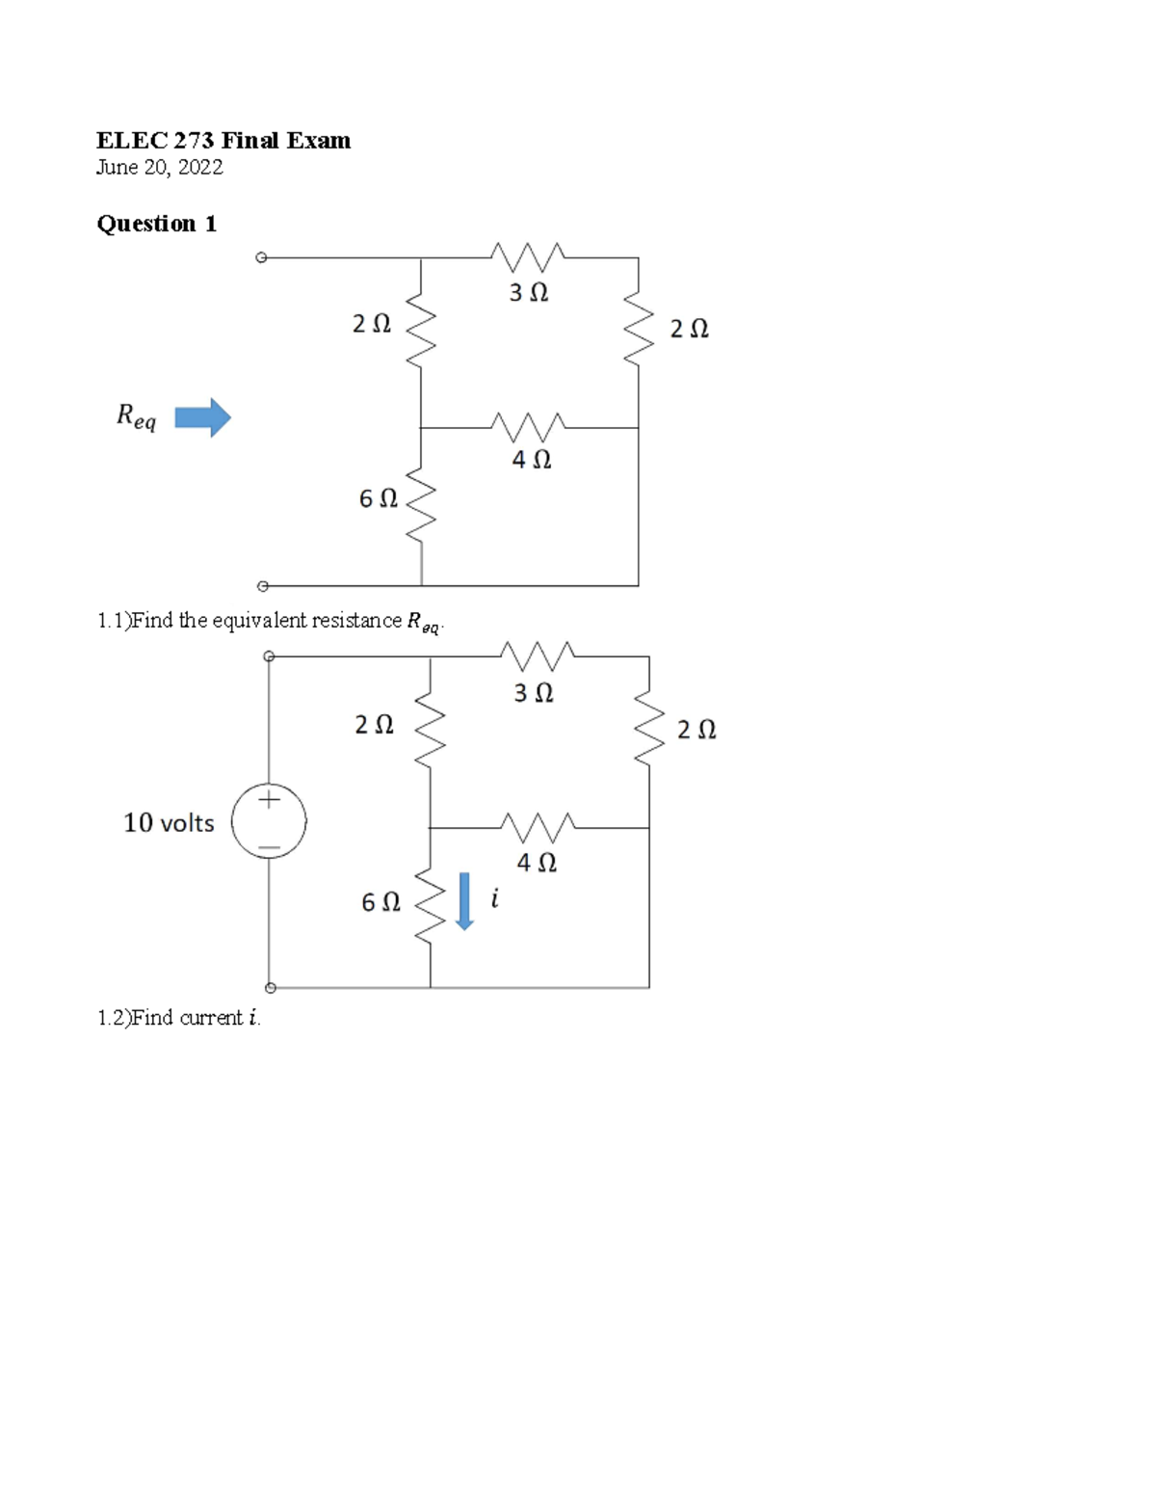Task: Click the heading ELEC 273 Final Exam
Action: pyautogui.click(x=223, y=141)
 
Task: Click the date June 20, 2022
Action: pyautogui.click(x=159, y=168)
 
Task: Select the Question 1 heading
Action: pyautogui.click(x=156, y=224)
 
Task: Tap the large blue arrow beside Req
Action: pyautogui.click(x=203, y=417)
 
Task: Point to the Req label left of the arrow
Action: pyautogui.click(x=136, y=416)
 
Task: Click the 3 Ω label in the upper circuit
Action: pyautogui.click(x=529, y=292)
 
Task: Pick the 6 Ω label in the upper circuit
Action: pyautogui.click(x=378, y=499)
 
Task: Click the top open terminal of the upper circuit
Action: pyautogui.click(x=260, y=257)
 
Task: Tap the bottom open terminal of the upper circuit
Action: pyautogui.click(x=260, y=585)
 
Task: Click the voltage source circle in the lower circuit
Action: pyautogui.click(x=269, y=822)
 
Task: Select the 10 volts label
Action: pyautogui.click(x=169, y=822)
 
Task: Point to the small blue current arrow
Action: pyautogui.click(x=464, y=900)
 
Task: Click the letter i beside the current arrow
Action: pyautogui.click(x=494, y=899)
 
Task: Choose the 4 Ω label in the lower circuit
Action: pyautogui.click(x=536, y=863)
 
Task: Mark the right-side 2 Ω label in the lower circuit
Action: pyautogui.click(x=696, y=730)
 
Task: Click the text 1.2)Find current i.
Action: pyautogui.click(x=178, y=1018)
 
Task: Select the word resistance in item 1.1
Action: pyautogui.click(x=356, y=621)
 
